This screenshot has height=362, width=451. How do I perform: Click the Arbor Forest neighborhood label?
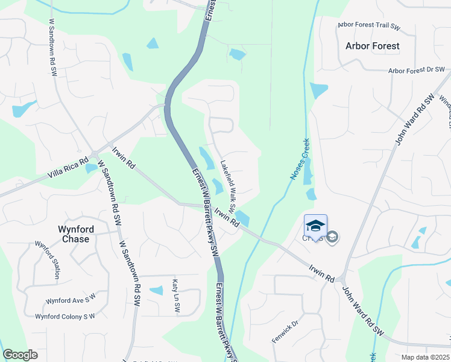click(372, 46)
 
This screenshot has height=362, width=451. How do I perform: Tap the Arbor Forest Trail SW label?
click(368, 25)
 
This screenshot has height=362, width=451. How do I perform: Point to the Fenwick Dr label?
click(285, 332)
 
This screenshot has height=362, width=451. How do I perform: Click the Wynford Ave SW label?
click(71, 300)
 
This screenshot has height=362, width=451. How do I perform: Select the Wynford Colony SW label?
click(65, 316)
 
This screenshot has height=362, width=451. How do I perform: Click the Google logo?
click(20, 355)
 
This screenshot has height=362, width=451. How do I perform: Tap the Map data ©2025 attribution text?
click(425, 357)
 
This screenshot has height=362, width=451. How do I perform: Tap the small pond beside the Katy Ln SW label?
click(156, 290)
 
